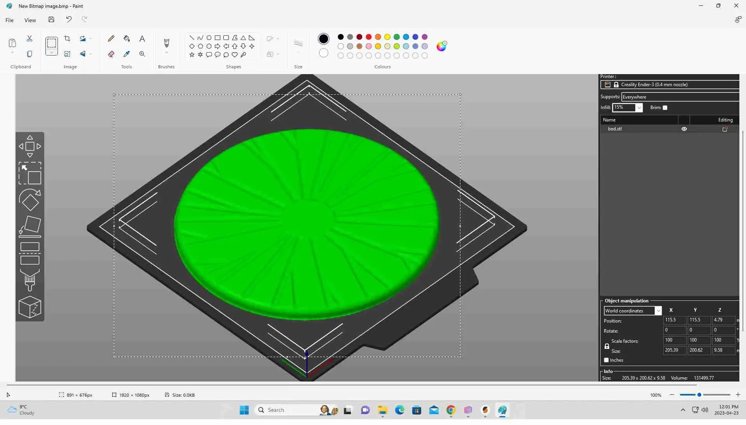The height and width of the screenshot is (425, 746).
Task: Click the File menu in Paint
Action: tap(9, 20)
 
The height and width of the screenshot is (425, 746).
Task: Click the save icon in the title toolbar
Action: tap(51, 19)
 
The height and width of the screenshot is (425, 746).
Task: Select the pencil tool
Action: tap(111, 38)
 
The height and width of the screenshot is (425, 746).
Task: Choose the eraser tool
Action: tap(111, 54)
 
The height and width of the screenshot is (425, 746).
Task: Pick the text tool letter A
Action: tap(142, 38)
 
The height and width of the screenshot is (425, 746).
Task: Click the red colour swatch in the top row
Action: tap(369, 37)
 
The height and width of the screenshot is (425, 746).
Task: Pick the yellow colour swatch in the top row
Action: tap(387, 37)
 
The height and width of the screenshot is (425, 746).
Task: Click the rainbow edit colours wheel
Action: tap(441, 46)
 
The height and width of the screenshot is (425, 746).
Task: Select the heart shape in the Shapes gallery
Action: tap(235, 55)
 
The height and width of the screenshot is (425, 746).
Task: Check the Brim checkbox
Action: tap(665, 108)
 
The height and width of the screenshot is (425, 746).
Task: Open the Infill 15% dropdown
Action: tap(639, 108)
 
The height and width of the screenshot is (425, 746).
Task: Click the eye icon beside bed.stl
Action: tap(684, 129)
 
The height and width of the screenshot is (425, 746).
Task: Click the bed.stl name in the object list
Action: tap(615, 129)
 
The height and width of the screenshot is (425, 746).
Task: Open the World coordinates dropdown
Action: tap(658, 311)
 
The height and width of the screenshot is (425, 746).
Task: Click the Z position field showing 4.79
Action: tap(723, 320)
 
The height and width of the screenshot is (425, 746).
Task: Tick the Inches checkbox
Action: tap(607, 360)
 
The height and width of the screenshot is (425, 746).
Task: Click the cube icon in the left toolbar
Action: tap(30, 307)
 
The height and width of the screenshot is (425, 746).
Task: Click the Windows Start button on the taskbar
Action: tap(244, 410)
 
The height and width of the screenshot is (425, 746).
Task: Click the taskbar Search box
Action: tap(288, 410)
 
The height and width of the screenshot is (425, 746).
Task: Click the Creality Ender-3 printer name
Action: tap(654, 85)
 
